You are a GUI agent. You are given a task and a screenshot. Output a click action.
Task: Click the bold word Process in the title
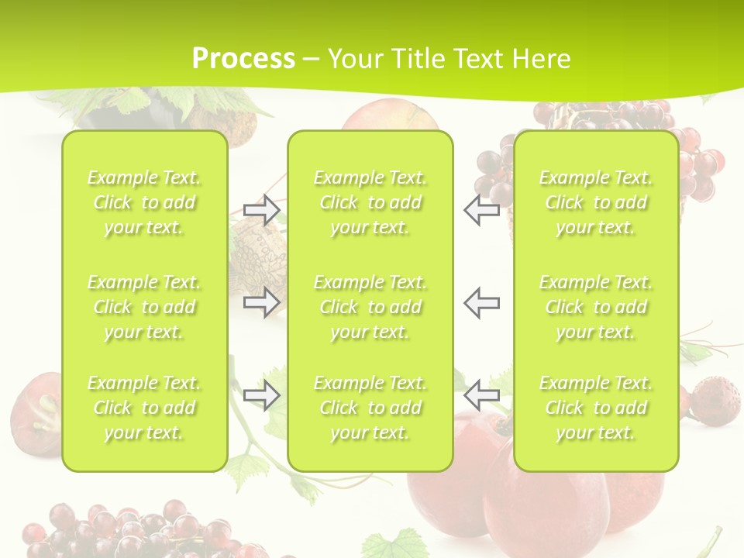(243, 59)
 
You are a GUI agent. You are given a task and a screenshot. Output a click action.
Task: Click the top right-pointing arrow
(261, 210)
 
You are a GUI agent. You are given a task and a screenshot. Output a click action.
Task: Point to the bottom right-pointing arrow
(261, 396)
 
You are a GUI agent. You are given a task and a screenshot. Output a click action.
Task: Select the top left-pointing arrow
(482, 210)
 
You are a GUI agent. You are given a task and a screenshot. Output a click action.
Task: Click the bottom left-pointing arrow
(482, 396)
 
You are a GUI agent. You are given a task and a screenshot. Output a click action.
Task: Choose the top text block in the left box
(144, 202)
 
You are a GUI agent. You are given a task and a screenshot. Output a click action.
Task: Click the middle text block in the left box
(144, 307)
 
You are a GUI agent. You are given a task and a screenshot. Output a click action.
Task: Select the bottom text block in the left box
(144, 408)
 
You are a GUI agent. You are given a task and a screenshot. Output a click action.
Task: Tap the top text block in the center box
(370, 202)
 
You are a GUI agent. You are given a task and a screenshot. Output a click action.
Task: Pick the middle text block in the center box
(370, 307)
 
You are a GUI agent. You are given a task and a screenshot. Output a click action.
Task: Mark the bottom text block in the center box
(370, 408)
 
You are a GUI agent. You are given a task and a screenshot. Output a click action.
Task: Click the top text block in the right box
(595, 202)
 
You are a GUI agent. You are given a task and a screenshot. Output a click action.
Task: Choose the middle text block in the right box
(595, 307)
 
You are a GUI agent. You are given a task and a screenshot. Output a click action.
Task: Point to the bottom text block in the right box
(595, 408)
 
